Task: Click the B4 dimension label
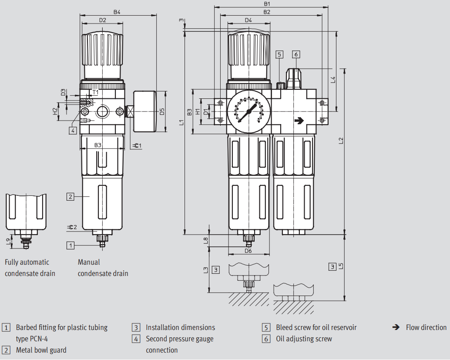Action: pos(117,12)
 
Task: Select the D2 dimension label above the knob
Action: pos(103,20)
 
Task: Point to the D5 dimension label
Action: pos(162,111)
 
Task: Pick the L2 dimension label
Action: pos(341,140)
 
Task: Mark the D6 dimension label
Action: pos(248,251)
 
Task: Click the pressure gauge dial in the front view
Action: pos(249,111)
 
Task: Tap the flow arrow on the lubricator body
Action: pos(299,120)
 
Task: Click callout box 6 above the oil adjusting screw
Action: pos(296,54)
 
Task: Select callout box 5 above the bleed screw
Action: pos(279,54)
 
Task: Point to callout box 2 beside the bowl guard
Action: pos(71,196)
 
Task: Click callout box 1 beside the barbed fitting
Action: pos(71,245)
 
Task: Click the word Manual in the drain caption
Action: pos(89,262)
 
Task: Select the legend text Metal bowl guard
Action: pos(41,350)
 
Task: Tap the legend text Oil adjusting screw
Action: pos(304,339)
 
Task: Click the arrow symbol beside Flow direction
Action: pos(396,327)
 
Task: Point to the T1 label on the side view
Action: pos(95,92)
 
